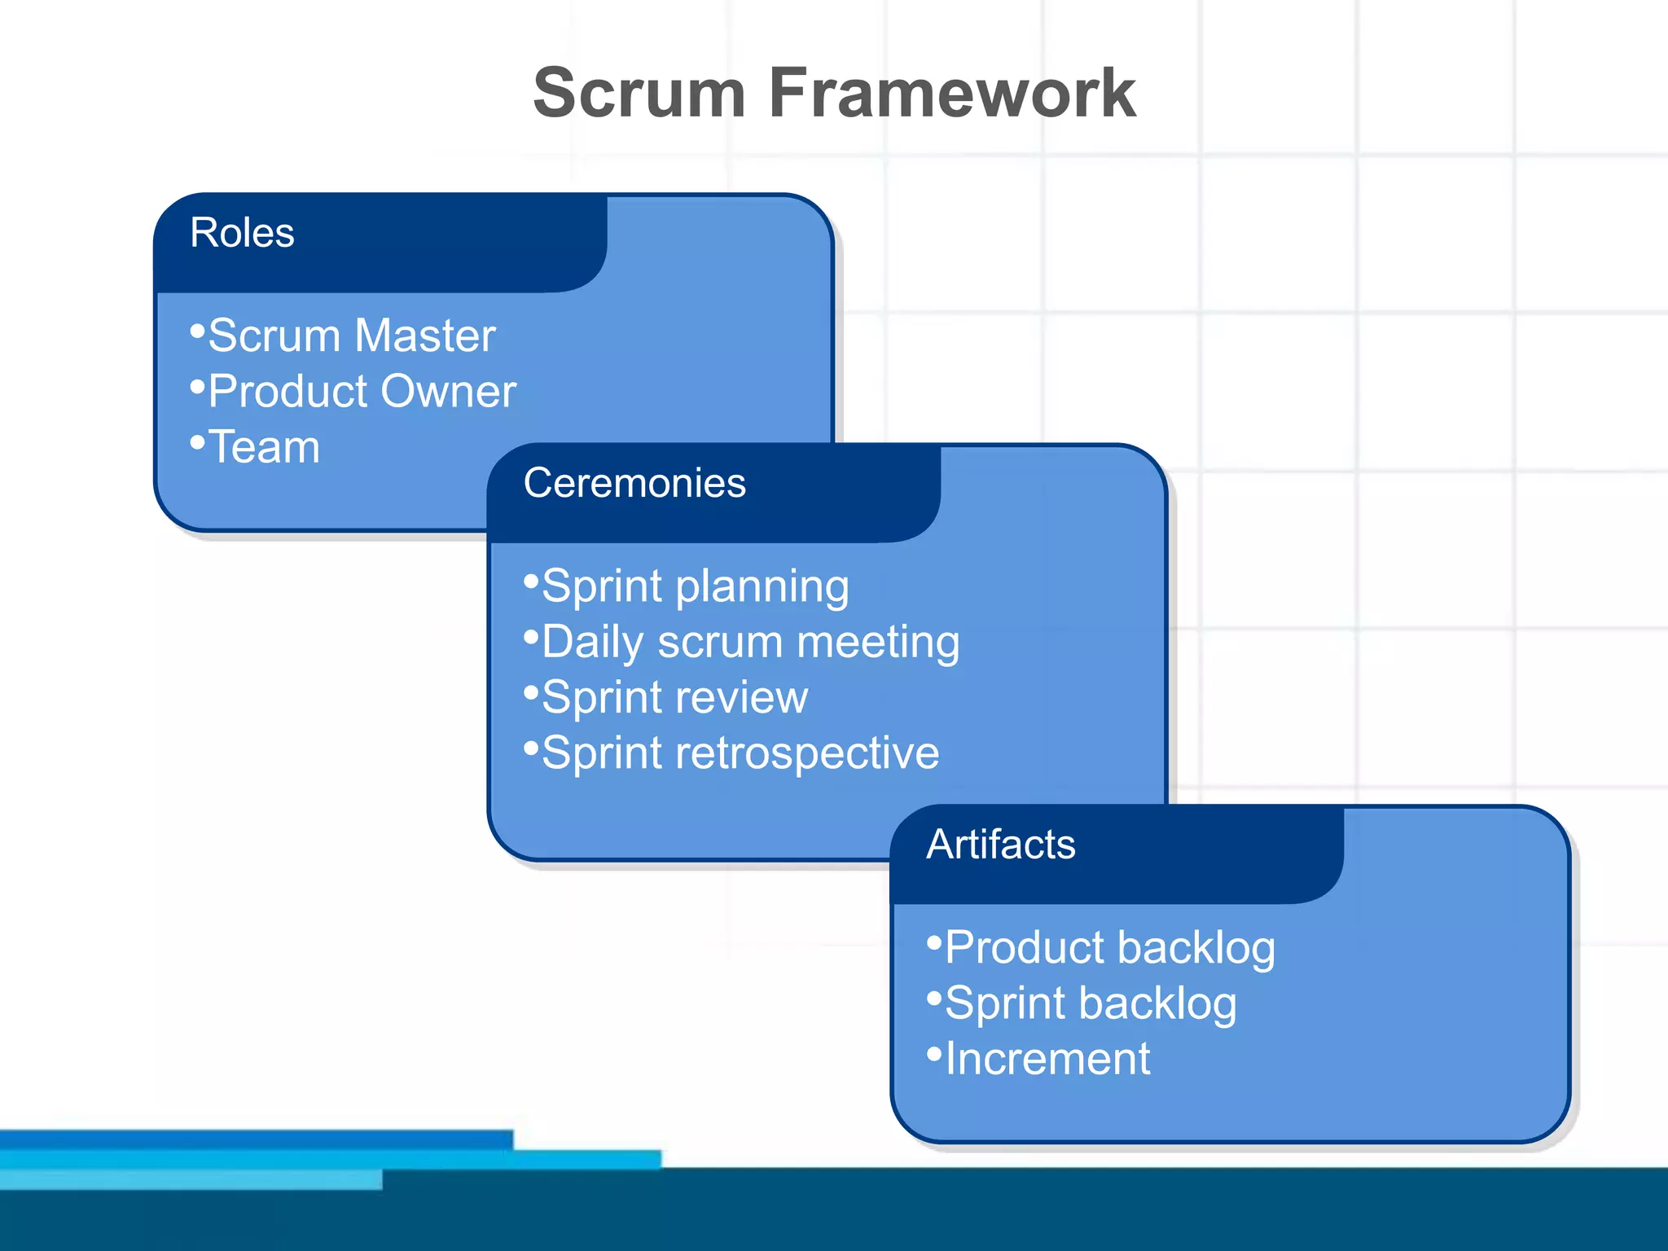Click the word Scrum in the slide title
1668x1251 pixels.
pyautogui.click(x=639, y=94)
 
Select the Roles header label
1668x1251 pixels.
pyautogui.click(x=242, y=233)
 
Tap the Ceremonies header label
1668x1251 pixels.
pyautogui.click(x=634, y=483)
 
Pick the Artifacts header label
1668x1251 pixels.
pyautogui.click(x=1001, y=845)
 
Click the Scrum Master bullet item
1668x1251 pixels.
pyautogui.click(x=351, y=336)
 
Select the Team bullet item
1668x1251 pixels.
pyautogui.click(x=264, y=447)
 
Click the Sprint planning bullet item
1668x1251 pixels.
pyautogui.click(x=695, y=586)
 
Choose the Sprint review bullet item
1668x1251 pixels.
pyautogui.click(x=674, y=698)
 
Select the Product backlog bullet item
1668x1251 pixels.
pyautogui.click(x=1109, y=948)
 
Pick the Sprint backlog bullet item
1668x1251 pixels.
pyautogui.click(x=1091, y=1003)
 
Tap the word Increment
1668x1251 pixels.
pyautogui.click(x=1047, y=1059)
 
